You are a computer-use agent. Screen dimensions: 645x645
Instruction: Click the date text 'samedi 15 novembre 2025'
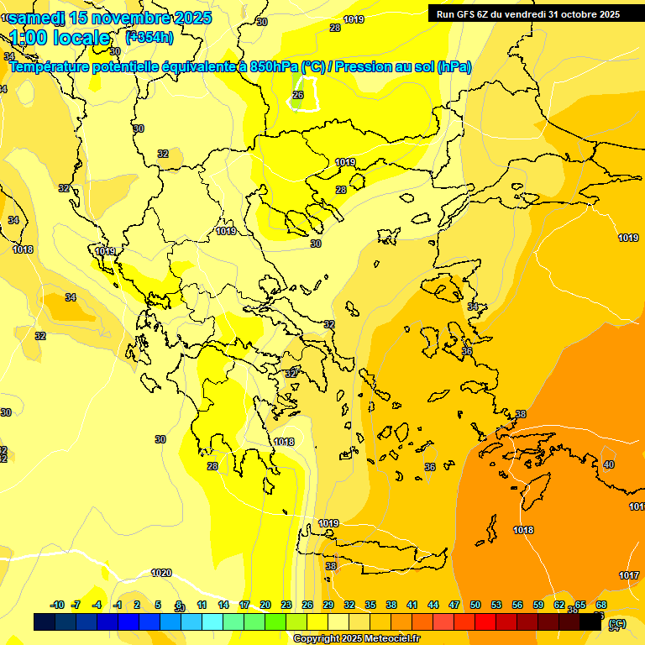(x=109, y=18)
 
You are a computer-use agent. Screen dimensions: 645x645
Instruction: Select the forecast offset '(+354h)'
(x=149, y=37)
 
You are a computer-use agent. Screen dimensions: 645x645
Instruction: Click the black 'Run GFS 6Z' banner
(x=525, y=13)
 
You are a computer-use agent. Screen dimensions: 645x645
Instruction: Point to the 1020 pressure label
(x=161, y=573)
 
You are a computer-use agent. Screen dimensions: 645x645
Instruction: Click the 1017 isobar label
(x=629, y=575)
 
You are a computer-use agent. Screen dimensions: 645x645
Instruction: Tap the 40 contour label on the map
(x=609, y=464)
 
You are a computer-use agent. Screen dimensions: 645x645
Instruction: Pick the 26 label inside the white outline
(x=297, y=96)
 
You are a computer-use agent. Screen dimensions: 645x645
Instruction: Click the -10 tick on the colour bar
(x=57, y=605)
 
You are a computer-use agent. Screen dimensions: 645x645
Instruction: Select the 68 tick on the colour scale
(x=601, y=605)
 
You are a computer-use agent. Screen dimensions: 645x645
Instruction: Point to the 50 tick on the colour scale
(x=475, y=605)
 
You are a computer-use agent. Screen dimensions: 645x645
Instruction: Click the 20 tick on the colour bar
(x=265, y=605)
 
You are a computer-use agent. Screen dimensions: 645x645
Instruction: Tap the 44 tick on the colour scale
(x=433, y=605)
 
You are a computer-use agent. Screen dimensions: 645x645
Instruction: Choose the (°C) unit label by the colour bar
(x=617, y=623)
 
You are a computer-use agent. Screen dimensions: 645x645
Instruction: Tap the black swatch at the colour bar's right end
(x=591, y=622)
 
